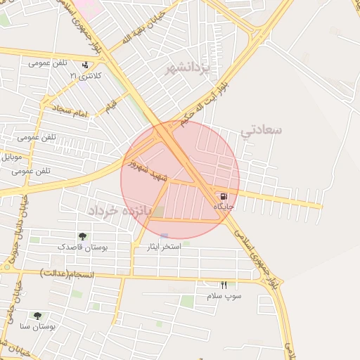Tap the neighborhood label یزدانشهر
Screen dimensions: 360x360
click(x=188, y=69)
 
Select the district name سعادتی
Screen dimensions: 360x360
click(x=261, y=130)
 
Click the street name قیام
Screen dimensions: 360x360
click(x=111, y=106)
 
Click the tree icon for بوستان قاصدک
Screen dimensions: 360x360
click(x=82, y=237)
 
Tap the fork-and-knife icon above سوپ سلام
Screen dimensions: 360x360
click(x=224, y=285)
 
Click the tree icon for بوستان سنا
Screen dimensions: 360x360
click(x=37, y=316)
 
